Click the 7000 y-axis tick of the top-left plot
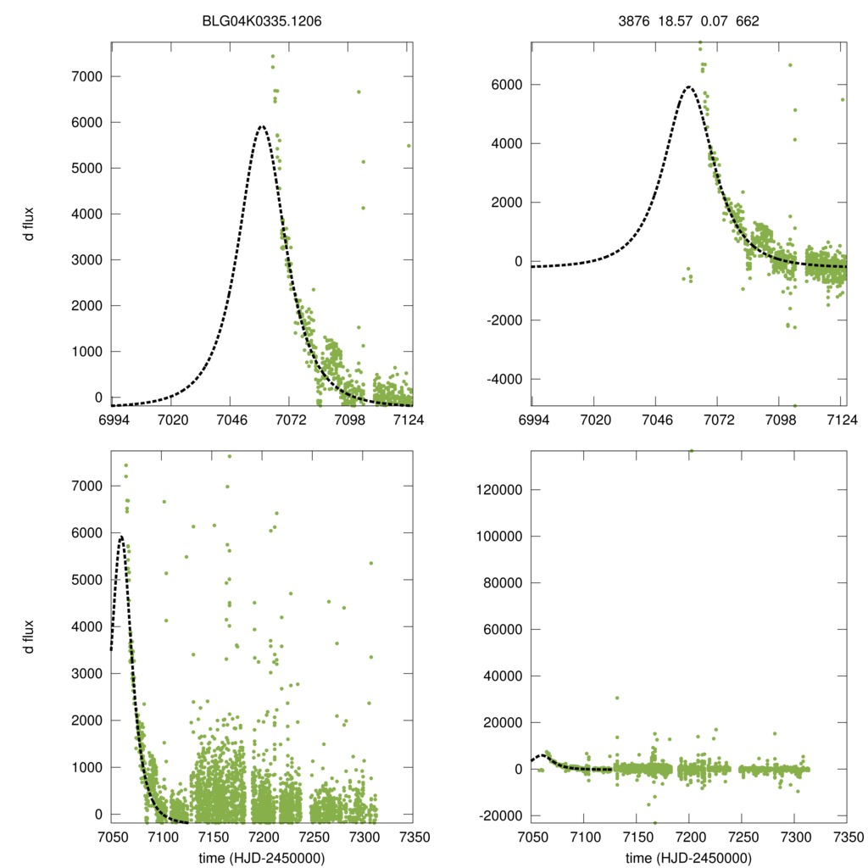(x=85, y=76)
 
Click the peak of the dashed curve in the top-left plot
(x=261, y=126)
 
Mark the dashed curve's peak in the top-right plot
(x=688, y=86)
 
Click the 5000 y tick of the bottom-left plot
(x=85, y=580)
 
